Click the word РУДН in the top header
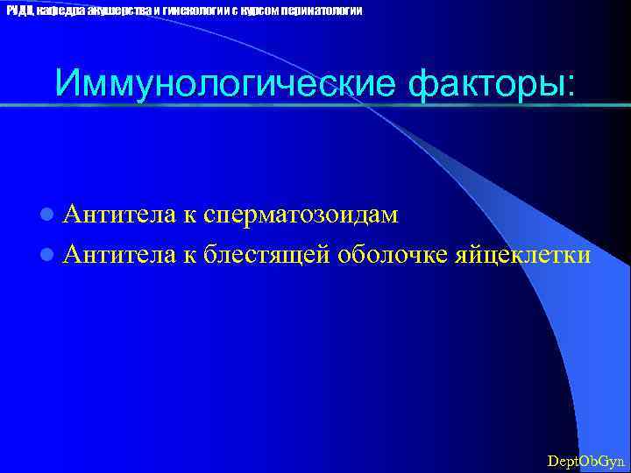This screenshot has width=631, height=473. tap(18, 10)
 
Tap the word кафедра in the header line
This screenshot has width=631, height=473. tap(59, 10)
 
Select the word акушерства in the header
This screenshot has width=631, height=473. tap(119, 10)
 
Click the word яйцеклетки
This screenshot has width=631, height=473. tap(522, 255)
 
